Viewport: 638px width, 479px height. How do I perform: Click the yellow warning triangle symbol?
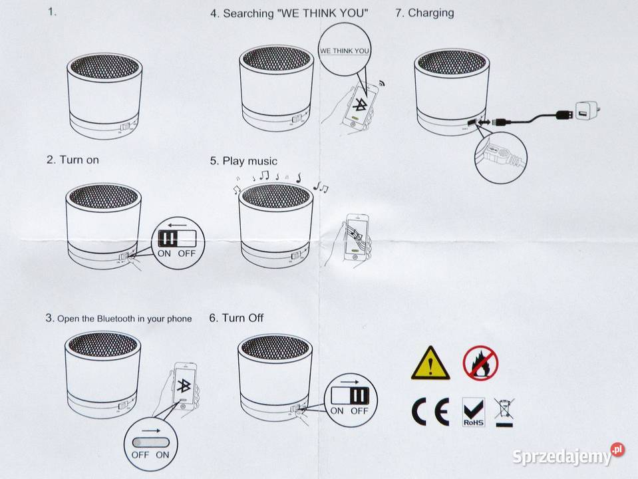coord(430,363)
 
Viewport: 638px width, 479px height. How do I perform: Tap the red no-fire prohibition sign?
coord(480,363)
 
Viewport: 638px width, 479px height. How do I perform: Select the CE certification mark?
coord(430,412)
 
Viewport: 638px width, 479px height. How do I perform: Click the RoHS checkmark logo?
coord(473,412)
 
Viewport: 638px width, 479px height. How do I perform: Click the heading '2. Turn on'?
coord(73,160)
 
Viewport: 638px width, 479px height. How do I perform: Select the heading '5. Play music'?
coord(243,161)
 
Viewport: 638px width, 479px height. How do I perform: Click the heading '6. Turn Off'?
coord(236,318)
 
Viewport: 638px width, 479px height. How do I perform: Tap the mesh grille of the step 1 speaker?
coord(104,67)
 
